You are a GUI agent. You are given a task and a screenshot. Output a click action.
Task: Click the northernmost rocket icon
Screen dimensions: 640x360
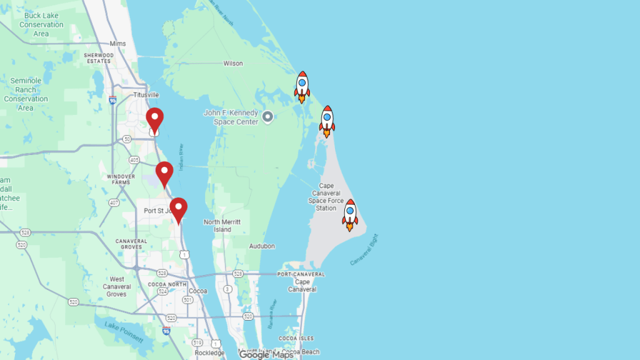click(302, 86)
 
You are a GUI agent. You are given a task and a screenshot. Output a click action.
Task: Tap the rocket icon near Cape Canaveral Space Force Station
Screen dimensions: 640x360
click(350, 214)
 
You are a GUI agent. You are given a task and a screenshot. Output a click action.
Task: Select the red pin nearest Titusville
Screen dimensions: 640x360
click(154, 120)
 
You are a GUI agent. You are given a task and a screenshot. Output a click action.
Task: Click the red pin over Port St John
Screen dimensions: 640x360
click(179, 210)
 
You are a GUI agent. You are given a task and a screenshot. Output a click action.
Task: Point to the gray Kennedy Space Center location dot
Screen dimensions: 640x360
click(267, 117)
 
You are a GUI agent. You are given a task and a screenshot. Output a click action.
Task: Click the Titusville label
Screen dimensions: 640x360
click(146, 95)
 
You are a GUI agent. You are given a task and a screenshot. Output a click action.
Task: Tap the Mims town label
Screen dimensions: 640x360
click(117, 44)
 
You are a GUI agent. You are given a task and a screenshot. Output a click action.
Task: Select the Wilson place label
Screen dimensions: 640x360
click(233, 64)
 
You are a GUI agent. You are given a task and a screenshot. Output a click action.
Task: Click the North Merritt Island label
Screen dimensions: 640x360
click(222, 226)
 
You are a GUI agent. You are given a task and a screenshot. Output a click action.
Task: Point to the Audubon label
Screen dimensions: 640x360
click(262, 246)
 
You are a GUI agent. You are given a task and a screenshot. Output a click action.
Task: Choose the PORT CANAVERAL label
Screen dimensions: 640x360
click(301, 274)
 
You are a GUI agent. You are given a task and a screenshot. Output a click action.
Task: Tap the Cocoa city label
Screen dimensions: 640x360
click(197, 291)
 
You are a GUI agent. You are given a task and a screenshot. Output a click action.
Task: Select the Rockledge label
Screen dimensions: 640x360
click(209, 353)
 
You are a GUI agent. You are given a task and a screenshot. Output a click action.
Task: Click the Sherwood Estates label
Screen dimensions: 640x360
click(99, 58)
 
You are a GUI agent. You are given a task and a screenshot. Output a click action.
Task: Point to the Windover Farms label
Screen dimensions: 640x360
click(121, 179)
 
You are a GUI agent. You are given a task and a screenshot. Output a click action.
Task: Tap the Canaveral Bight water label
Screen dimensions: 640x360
click(365, 249)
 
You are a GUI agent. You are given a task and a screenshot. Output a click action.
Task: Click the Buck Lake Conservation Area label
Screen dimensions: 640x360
click(41, 25)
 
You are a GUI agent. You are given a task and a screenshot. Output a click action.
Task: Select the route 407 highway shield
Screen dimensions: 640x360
click(114, 202)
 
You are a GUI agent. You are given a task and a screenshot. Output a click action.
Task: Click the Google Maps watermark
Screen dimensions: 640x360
click(266, 354)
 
